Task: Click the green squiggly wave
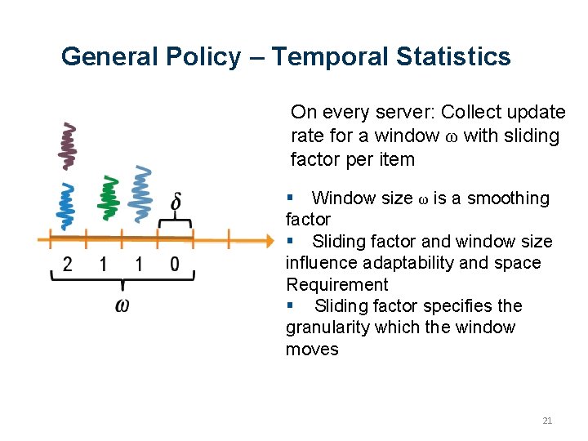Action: pyautogui.click(x=106, y=198)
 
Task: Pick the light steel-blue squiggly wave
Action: pyautogui.click(x=143, y=194)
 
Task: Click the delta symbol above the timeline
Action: pyautogui.click(x=176, y=202)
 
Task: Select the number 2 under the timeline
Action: pyautogui.click(x=68, y=264)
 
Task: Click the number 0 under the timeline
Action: pyautogui.click(x=175, y=264)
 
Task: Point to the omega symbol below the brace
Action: pyautogui.click(x=122, y=305)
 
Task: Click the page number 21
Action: pyautogui.click(x=547, y=421)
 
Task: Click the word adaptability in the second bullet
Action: pyautogui.click(x=403, y=263)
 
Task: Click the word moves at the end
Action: pyautogui.click(x=312, y=349)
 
